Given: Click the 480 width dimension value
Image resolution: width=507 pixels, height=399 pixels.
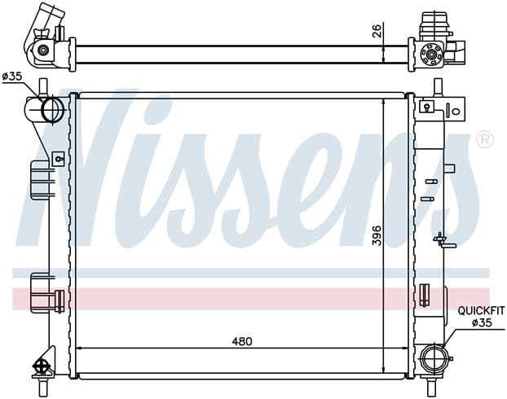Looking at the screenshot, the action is coord(242,341).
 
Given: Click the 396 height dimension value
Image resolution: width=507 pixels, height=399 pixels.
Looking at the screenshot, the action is coord(377,235).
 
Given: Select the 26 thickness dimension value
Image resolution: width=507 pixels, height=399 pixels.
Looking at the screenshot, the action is coord(377,30).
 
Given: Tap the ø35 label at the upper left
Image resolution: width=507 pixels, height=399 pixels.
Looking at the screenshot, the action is coord(12,77).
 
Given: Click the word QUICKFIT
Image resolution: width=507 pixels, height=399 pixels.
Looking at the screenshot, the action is coord(481,311).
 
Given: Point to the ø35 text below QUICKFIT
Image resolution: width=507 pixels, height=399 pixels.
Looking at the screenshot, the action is coord(482,322).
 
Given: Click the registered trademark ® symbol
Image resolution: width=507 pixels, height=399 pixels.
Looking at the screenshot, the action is coord(485,139).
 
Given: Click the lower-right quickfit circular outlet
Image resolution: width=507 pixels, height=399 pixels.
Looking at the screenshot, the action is coord(434,358).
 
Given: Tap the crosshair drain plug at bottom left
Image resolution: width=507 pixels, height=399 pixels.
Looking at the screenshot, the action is coord(40,366).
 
